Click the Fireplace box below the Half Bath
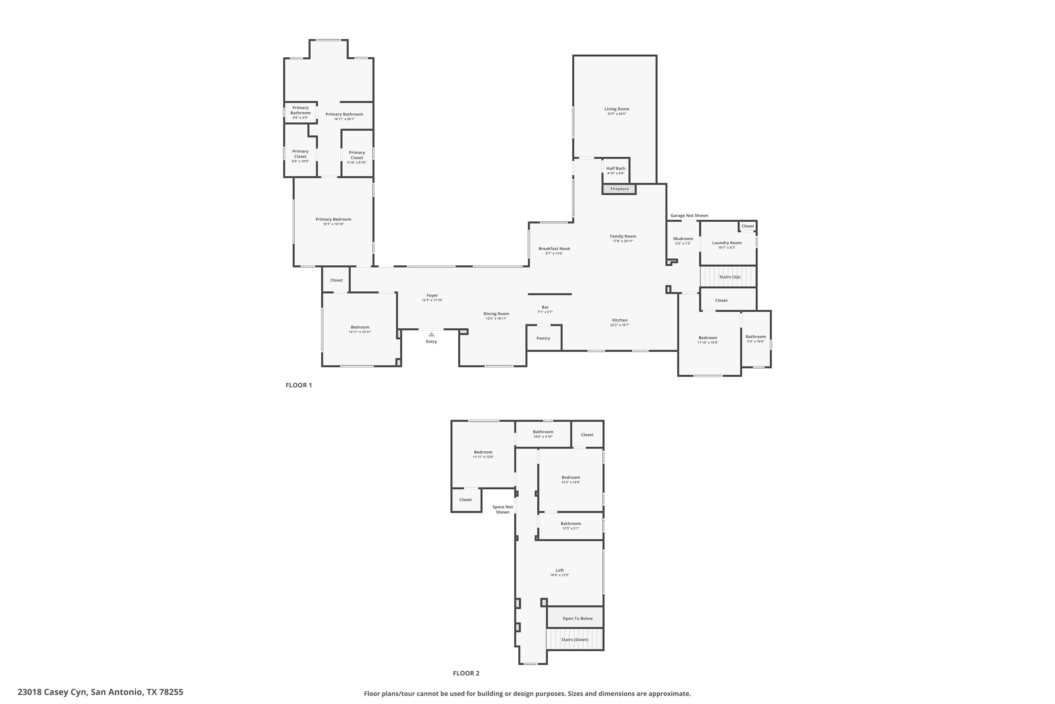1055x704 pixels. [x=619, y=189]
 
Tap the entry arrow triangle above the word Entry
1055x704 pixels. [x=431, y=334]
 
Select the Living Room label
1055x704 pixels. [x=617, y=109]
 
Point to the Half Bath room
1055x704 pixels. [x=616, y=171]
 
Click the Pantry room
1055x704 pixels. [x=544, y=338]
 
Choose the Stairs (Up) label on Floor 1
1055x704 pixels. [x=730, y=277]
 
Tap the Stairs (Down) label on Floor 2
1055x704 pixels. [x=575, y=640]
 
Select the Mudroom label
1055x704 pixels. [x=683, y=239]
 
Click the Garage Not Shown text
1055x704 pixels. [x=689, y=215]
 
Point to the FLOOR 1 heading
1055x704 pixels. [x=299, y=385]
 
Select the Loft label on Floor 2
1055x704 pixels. [x=560, y=570]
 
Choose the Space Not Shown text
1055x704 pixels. [x=503, y=510]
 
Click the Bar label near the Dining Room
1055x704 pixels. [x=545, y=307]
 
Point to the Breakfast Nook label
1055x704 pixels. [x=555, y=249]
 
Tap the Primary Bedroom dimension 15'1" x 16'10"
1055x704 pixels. [x=333, y=224]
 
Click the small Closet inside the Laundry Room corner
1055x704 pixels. [x=748, y=226]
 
